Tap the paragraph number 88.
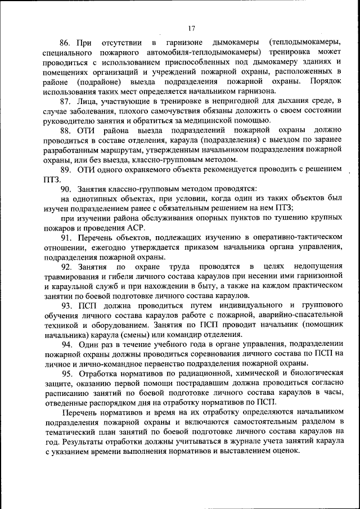[66, 130]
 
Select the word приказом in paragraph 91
[188, 246]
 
